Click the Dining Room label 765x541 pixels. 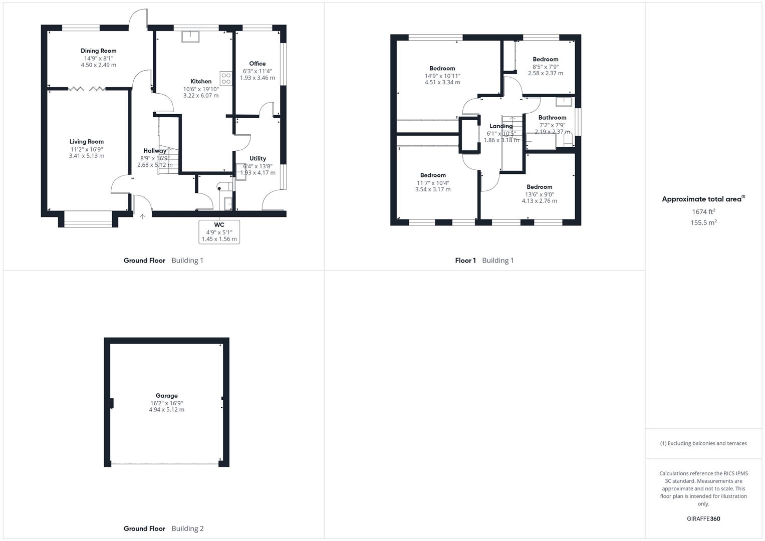point(98,51)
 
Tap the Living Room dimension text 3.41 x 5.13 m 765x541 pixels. point(87,156)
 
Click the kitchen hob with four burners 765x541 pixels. point(226,79)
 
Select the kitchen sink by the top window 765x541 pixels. point(190,37)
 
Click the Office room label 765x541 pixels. point(257,64)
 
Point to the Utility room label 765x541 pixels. point(258,158)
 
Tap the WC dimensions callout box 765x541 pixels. point(219,232)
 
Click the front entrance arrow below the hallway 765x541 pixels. point(143,216)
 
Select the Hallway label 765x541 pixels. point(155,151)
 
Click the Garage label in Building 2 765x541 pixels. point(166,396)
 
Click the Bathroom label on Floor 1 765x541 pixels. point(552,118)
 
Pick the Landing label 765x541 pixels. point(501,126)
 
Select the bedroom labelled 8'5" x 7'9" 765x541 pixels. point(545,59)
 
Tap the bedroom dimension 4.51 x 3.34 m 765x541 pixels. point(442,83)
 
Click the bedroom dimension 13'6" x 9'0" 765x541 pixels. point(539,194)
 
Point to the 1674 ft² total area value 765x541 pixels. point(703,212)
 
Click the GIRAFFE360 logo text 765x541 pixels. point(703,519)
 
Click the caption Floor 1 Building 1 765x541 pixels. point(484,260)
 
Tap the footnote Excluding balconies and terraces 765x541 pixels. point(703,443)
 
